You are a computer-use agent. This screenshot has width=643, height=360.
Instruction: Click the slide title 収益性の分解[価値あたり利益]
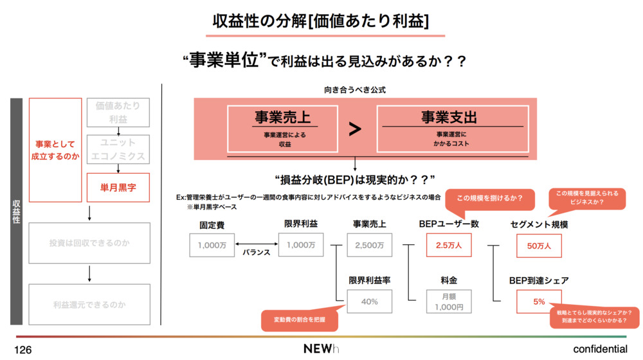[321, 21]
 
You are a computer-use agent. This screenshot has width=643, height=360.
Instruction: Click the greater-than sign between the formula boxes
[355, 129]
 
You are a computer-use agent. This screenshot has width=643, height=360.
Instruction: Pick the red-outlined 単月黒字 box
[118, 188]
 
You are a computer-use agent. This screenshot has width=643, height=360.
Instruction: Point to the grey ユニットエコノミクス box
[118, 149]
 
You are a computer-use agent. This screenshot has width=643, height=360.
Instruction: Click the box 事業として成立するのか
[56, 149]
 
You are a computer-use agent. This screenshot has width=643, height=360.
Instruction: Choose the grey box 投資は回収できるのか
[89, 244]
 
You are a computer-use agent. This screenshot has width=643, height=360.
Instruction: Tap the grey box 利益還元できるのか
[89, 304]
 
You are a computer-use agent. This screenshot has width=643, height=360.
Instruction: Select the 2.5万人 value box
[448, 245]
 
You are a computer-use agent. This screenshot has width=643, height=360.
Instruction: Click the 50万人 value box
[538, 245]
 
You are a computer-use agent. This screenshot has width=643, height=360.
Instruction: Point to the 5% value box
[538, 301]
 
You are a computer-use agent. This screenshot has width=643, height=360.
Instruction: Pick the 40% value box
[369, 301]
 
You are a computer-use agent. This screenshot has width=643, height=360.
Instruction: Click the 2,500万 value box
[369, 245]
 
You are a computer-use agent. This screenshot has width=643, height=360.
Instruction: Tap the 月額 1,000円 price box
[448, 301]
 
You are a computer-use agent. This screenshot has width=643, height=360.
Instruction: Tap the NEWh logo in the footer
[321, 348]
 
